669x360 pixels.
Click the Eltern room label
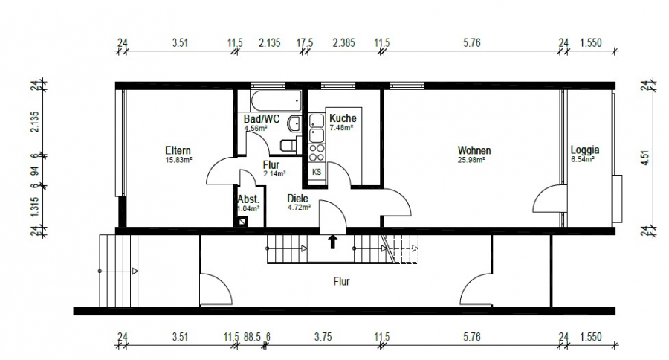[178, 150]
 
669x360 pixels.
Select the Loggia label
[585, 150]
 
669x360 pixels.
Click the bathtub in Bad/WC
[276, 100]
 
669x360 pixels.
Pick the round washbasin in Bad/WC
[294, 123]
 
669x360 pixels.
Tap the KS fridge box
[317, 172]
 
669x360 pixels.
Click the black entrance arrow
[333, 241]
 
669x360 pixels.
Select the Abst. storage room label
[248, 199]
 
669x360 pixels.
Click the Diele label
[297, 199]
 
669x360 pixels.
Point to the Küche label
[343, 118]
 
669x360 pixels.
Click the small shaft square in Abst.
[243, 222]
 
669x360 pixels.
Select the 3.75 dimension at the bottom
[323, 337]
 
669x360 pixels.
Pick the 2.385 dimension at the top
[343, 42]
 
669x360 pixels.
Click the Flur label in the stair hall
[341, 281]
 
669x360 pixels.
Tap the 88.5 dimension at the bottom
[252, 337]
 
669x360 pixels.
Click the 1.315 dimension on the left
[35, 206]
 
